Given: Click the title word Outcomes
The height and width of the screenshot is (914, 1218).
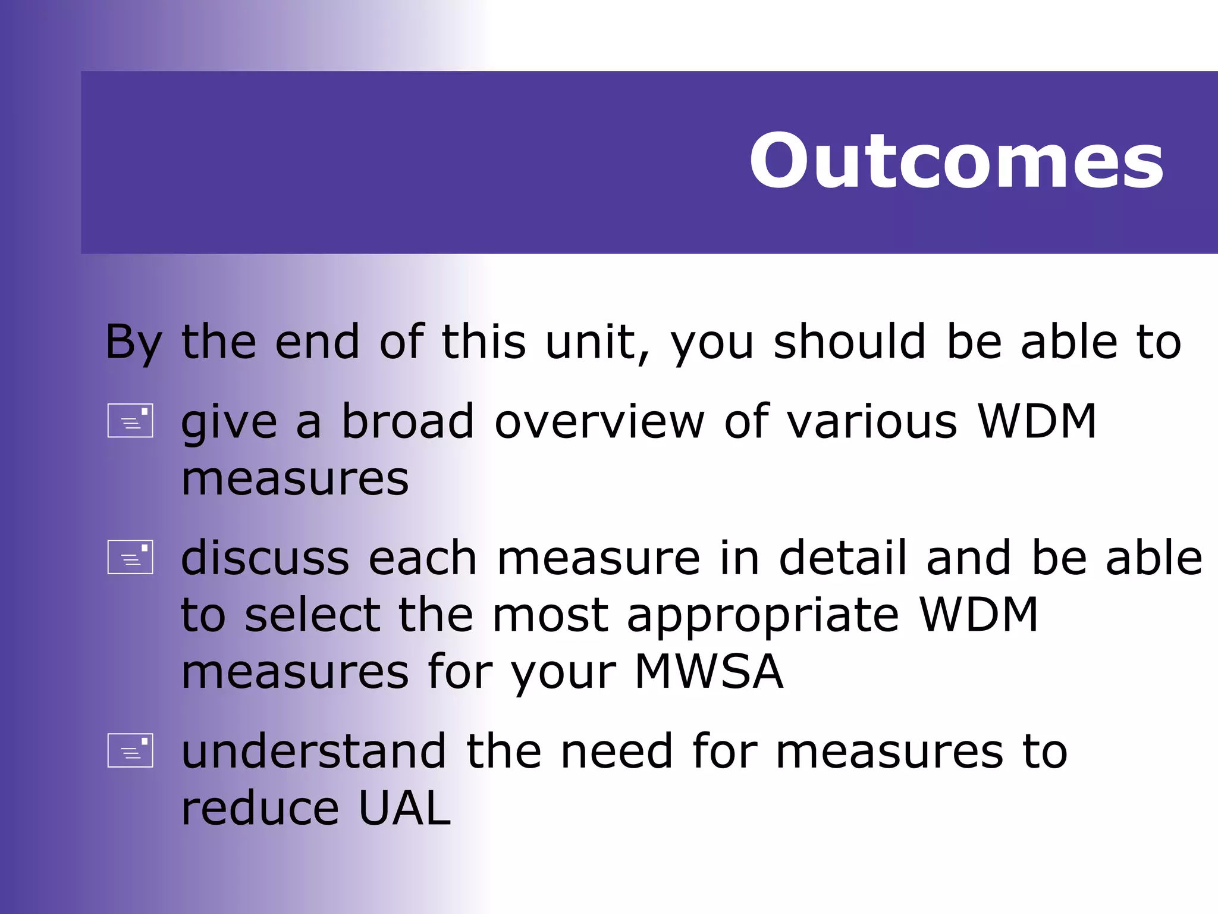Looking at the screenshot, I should [x=956, y=161].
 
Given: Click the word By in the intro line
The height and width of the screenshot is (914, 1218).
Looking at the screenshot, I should [x=133, y=343].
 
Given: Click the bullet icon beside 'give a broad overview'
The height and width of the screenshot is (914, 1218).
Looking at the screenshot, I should [x=130, y=421].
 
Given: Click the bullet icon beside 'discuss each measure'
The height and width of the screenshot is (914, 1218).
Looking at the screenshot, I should [x=130, y=557].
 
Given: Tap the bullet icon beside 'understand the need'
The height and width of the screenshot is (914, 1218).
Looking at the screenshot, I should [x=130, y=750].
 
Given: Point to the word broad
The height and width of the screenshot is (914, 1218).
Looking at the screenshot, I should [x=408, y=421].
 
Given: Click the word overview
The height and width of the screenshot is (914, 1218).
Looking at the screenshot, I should [x=599, y=421].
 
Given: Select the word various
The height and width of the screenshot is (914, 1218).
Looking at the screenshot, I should [x=872, y=421].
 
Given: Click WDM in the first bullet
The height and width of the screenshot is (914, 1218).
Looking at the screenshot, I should [x=1037, y=421].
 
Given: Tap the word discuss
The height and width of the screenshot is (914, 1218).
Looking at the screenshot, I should [x=265, y=558].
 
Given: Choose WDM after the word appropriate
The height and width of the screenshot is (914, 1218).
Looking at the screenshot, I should [x=979, y=615].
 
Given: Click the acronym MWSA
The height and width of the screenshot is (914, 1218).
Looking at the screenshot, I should [x=709, y=671].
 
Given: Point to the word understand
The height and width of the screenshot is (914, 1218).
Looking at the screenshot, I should [x=313, y=751].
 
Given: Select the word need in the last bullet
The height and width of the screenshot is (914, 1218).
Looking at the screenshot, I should [x=617, y=751].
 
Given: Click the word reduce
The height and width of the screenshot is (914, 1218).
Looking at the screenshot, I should [x=260, y=809].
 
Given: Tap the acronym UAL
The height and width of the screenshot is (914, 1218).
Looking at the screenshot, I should [x=404, y=808].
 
